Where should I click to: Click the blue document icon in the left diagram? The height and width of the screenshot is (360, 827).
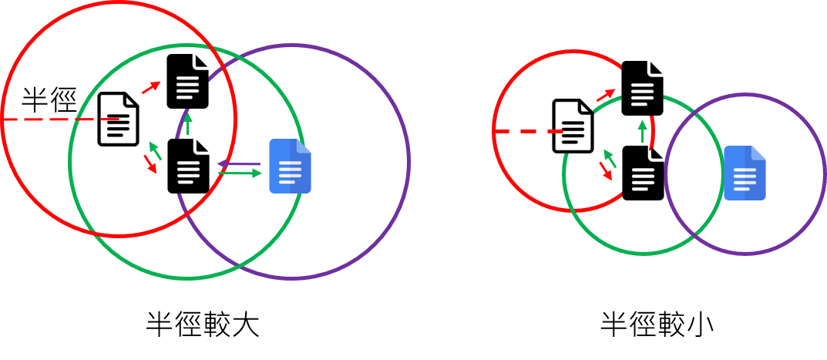pyautogui.click(x=290, y=166)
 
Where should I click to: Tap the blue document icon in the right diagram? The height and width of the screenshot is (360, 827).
pyautogui.click(x=745, y=173)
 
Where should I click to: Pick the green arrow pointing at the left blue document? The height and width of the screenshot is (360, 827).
pyautogui.click(x=240, y=173)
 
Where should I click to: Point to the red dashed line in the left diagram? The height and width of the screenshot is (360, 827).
pyautogui.click(x=62, y=119)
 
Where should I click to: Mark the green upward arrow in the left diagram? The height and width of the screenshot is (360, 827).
pyautogui.click(x=187, y=123)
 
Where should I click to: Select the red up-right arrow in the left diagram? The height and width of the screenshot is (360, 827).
pyautogui.click(x=151, y=87)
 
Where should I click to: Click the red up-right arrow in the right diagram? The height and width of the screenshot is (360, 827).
pyautogui.click(x=607, y=95)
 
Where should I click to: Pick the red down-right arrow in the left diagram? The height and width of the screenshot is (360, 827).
pyautogui.click(x=150, y=163)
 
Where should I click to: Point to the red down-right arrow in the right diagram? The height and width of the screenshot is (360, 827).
pyautogui.click(x=606, y=171)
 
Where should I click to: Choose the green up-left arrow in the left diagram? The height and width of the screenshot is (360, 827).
pyautogui.click(x=155, y=150)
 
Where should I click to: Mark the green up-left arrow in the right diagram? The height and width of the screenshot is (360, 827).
pyautogui.click(x=610, y=158)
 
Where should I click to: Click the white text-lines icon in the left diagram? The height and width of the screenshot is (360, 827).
pyautogui.click(x=187, y=91)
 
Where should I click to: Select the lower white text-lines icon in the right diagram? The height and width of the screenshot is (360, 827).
pyautogui.click(x=642, y=180)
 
